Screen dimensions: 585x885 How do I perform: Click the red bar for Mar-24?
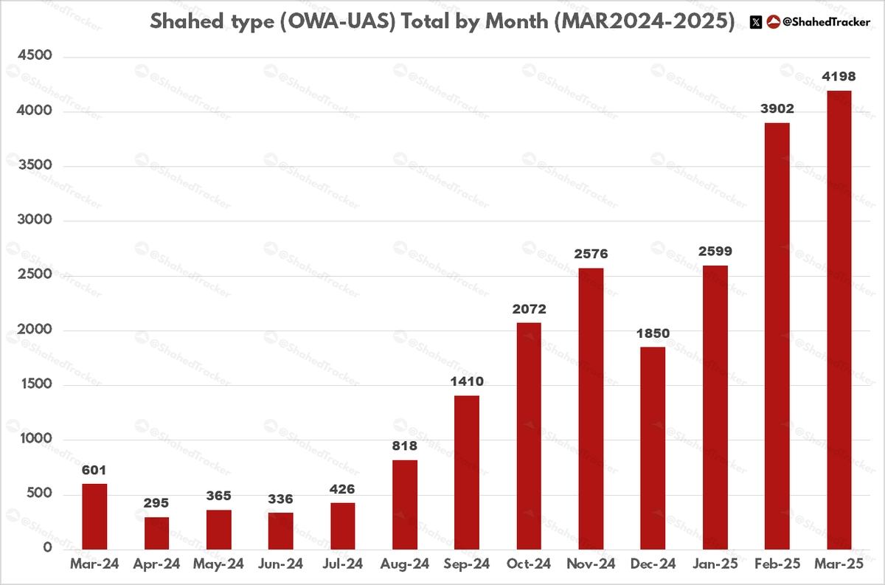94,516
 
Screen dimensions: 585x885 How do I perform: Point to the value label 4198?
839,77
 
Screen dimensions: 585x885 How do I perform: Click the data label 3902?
777,109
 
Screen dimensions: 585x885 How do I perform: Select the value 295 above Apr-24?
156,503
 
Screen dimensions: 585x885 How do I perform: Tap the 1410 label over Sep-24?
467,381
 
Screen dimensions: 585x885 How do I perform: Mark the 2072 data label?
529,309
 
